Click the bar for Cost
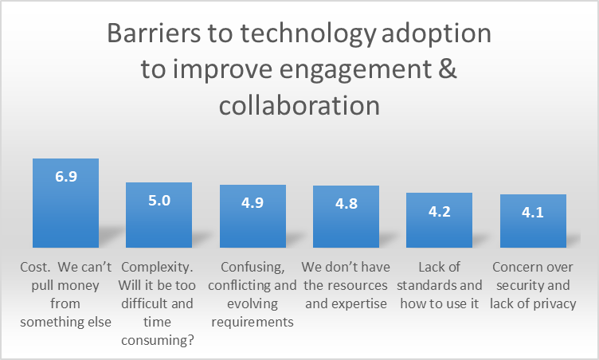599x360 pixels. tap(65, 203)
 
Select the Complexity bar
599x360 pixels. tap(159, 215)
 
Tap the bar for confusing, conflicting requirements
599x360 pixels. tap(253, 216)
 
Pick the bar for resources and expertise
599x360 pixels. tap(346, 217)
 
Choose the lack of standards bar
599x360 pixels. tap(440, 220)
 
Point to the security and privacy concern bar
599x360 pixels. tap(534, 221)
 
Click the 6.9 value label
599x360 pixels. tap(66, 176)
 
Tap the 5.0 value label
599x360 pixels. tap(159, 200)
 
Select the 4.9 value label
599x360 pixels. tap(253, 202)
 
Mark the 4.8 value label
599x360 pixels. tap(346, 204)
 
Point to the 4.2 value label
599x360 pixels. tap(440, 211)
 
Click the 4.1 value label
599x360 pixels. tap(533, 212)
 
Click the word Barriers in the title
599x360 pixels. tap(154, 33)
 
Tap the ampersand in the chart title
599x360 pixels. tap(448, 68)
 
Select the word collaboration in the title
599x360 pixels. tap(299, 105)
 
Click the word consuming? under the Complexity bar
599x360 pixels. tap(158, 340)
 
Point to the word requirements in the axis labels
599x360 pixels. tap(253, 322)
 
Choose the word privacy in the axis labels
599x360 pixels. tap(554, 304)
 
